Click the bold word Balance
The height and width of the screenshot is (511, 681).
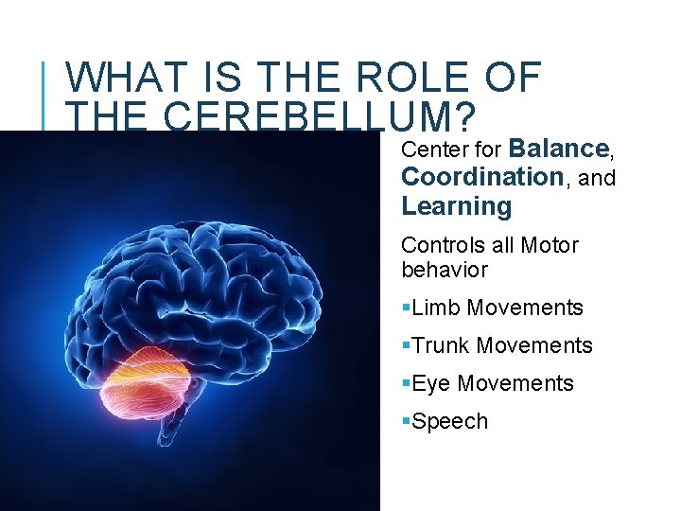tap(558, 149)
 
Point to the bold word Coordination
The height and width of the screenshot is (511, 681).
tap(482, 177)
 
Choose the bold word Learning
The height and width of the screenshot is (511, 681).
tap(456, 206)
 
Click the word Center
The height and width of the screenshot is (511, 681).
tap(431, 150)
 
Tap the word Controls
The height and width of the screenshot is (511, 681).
tap(442, 246)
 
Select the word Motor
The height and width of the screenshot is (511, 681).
tap(549, 246)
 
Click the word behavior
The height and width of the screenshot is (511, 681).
tap(444, 271)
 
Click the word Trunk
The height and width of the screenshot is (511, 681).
tap(441, 346)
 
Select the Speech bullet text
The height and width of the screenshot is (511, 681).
tap(450, 422)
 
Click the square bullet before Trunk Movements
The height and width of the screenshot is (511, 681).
tap(406, 346)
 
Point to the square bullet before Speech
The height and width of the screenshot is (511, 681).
tap(406, 422)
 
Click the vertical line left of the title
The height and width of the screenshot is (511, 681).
tap(47, 95)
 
